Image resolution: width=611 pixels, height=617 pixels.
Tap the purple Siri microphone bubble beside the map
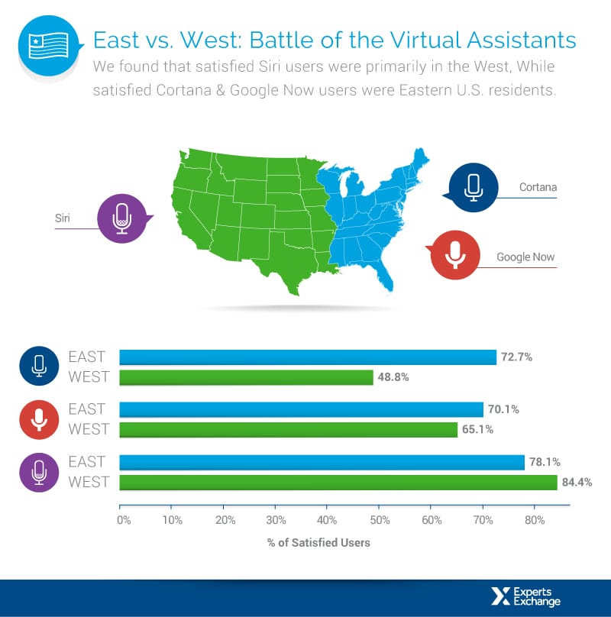click(123, 218)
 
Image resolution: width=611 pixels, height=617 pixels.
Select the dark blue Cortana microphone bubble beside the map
click(473, 186)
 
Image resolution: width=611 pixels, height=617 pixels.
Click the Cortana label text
click(538, 187)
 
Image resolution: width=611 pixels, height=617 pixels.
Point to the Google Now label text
click(525, 257)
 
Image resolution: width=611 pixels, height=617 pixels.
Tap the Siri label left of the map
click(63, 218)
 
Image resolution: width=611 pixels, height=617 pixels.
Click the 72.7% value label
click(516, 357)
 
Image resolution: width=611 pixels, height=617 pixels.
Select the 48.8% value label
click(393, 377)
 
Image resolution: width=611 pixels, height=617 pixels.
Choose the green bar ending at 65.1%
click(289, 429)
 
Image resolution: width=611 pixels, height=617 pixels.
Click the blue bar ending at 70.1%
click(302, 409)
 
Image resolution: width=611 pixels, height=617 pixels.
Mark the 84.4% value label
click(577, 482)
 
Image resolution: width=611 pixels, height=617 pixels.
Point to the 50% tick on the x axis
click(379, 522)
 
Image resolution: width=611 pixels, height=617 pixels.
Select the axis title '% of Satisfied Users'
click(318, 543)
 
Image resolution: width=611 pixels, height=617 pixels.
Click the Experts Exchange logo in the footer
click(526, 597)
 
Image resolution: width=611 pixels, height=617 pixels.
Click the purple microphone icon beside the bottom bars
click(39, 472)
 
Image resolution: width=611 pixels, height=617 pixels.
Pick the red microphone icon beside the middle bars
click(39, 419)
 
